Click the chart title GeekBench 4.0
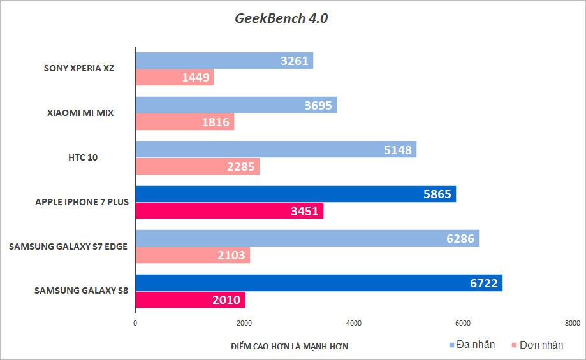pos(281,18)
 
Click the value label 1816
pos(216,122)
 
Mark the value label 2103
pos(231,256)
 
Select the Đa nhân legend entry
pos(471,345)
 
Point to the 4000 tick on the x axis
pos(354,323)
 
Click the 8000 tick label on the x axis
pos(572,323)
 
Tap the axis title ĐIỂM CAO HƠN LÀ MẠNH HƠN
pos(289,345)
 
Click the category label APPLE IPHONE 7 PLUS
pos(82,203)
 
